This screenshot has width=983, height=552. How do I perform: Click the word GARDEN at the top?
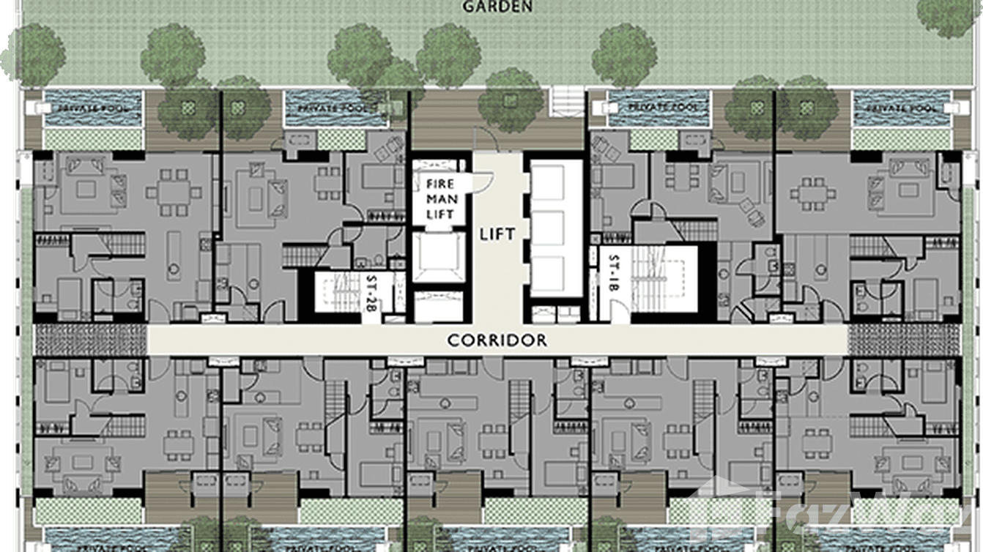497,7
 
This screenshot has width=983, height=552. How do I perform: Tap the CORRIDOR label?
497,340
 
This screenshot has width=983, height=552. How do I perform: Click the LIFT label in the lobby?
497,235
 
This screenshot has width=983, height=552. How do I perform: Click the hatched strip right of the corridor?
903,340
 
